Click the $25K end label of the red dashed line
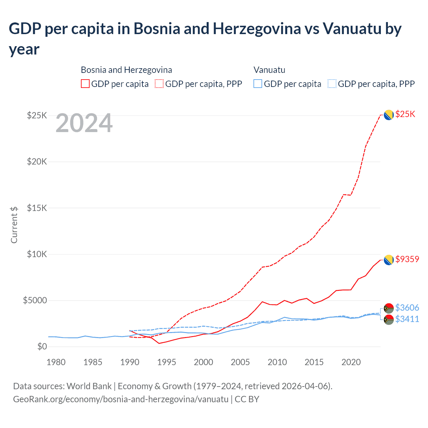click(405, 114)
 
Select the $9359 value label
click(407, 259)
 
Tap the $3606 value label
click(407, 308)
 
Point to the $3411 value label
click(407, 319)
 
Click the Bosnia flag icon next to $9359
click(389, 260)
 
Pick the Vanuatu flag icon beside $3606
click(389, 308)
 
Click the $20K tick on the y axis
click(37, 162)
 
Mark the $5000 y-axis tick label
click(35, 300)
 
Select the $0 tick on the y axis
click(42, 346)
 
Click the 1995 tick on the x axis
click(167, 362)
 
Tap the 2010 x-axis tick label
click(277, 362)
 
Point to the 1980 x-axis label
click(56, 362)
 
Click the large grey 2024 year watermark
click(84, 123)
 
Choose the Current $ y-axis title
click(14, 225)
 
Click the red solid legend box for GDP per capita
click(85, 84)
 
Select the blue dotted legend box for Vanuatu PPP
click(332, 84)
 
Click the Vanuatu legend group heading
click(269, 70)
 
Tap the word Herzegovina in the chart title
click(257, 29)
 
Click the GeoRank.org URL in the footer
click(121, 399)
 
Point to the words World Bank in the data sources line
click(89, 386)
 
